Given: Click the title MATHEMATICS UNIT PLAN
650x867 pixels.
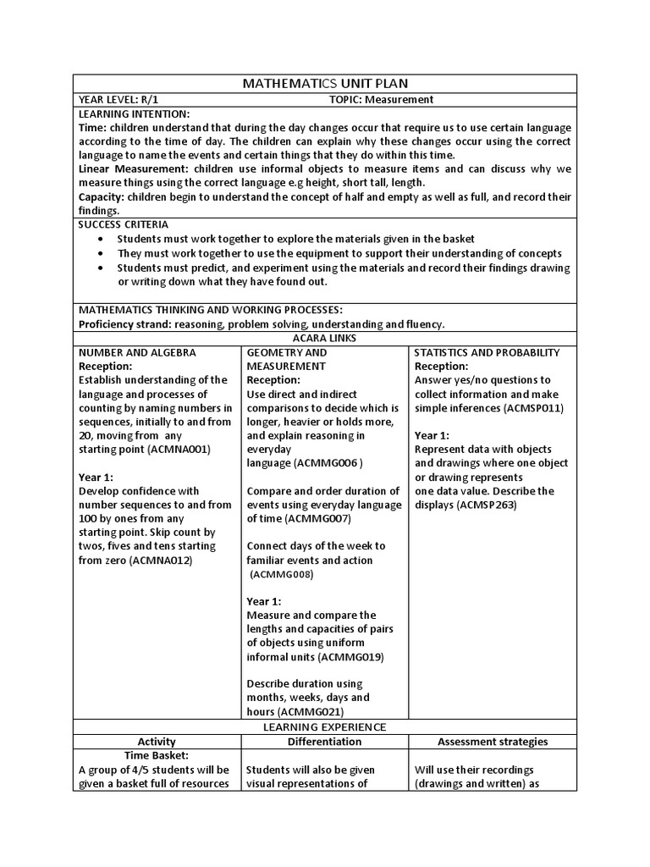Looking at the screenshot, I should pyautogui.click(x=325, y=83).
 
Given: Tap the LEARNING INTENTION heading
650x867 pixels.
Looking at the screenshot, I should pyautogui.click(x=134, y=113).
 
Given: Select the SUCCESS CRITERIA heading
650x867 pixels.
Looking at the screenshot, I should pyautogui.click(x=124, y=224).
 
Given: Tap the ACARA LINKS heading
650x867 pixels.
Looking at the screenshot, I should pyautogui.click(x=325, y=338).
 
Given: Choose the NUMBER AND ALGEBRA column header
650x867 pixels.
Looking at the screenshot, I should pyautogui.click(x=137, y=352).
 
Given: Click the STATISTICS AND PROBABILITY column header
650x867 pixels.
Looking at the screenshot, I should pyautogui.click(x=487, y=352).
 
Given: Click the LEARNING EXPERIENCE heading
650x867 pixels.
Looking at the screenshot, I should pyautogui.click(x=325, y=726).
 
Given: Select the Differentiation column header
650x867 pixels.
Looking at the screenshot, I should pyautogui.click(x=324, y=742).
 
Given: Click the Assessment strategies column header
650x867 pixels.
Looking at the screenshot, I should pyautogui.click(x=492, y=742).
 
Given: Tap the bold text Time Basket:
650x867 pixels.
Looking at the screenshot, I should pyautogui.click(x=156, y=755).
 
